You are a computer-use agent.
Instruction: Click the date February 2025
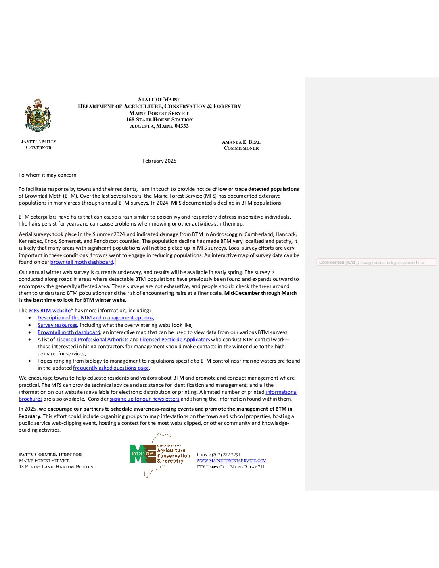click(159, 161)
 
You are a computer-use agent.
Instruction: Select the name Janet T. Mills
click(39, 142)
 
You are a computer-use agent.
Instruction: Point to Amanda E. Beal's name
click(241, 142)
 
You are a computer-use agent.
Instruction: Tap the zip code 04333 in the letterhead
click(181, 126)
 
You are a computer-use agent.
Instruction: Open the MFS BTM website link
click(50, 311)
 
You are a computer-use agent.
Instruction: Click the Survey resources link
click(57, 325)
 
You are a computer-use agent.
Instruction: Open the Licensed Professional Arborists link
click(92, 340)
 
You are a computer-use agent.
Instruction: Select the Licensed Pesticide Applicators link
click(175, 340)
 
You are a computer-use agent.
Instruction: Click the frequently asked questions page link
click(111, 368)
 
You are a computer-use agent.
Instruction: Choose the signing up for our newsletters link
click(144, 399)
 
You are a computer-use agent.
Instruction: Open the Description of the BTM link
click(96, 318)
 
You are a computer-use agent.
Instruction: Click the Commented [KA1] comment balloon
click(376, 262)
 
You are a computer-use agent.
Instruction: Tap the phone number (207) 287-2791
click(226, 455)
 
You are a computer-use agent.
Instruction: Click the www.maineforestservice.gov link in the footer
click(231, 461)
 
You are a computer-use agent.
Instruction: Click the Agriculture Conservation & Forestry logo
click(160, 455)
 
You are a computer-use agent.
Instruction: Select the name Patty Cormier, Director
click(50, 455)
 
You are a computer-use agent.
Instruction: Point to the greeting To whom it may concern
click(48, 175)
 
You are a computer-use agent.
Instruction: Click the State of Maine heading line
click(159, 100)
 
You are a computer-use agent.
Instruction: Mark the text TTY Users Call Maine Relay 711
click(231, 467)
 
